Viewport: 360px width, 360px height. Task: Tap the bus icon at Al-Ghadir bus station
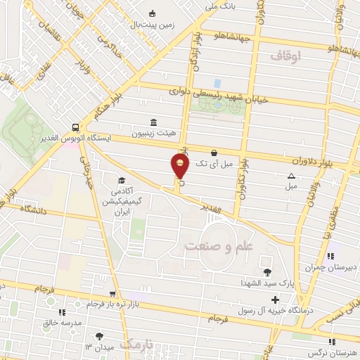pos(75,127)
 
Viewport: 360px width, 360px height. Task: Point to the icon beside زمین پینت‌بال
pos(152,13)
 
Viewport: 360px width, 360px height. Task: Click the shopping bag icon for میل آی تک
pos(214,151)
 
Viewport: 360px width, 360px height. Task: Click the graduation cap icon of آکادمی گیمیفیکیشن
pos(121,180)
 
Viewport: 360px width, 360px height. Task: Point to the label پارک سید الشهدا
pos(267,283)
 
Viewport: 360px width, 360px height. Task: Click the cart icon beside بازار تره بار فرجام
pos(112,295)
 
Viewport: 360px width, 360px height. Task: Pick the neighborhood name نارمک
pos(136,344)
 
